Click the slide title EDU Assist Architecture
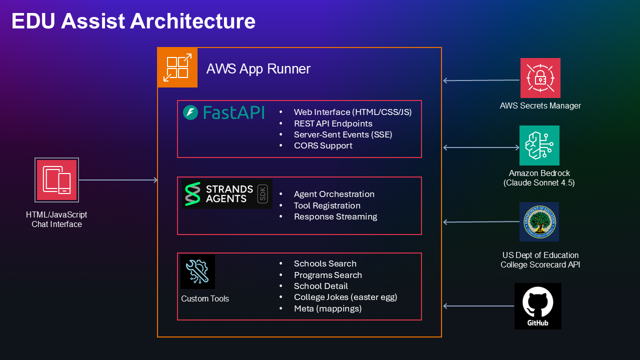133,21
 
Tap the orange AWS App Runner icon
177,67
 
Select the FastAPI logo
223,112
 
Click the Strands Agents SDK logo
227,194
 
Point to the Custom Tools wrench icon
197,271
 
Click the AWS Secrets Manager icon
540,78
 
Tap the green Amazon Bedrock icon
539,145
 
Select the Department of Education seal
539,221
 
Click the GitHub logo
537,306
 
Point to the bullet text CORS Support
323,145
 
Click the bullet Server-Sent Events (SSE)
343,134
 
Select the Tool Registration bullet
327,205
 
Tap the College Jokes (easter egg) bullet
345,297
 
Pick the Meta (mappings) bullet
327,308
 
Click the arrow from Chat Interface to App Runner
118,180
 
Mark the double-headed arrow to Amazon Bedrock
481,147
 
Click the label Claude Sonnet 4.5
539,183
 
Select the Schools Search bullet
325,263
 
